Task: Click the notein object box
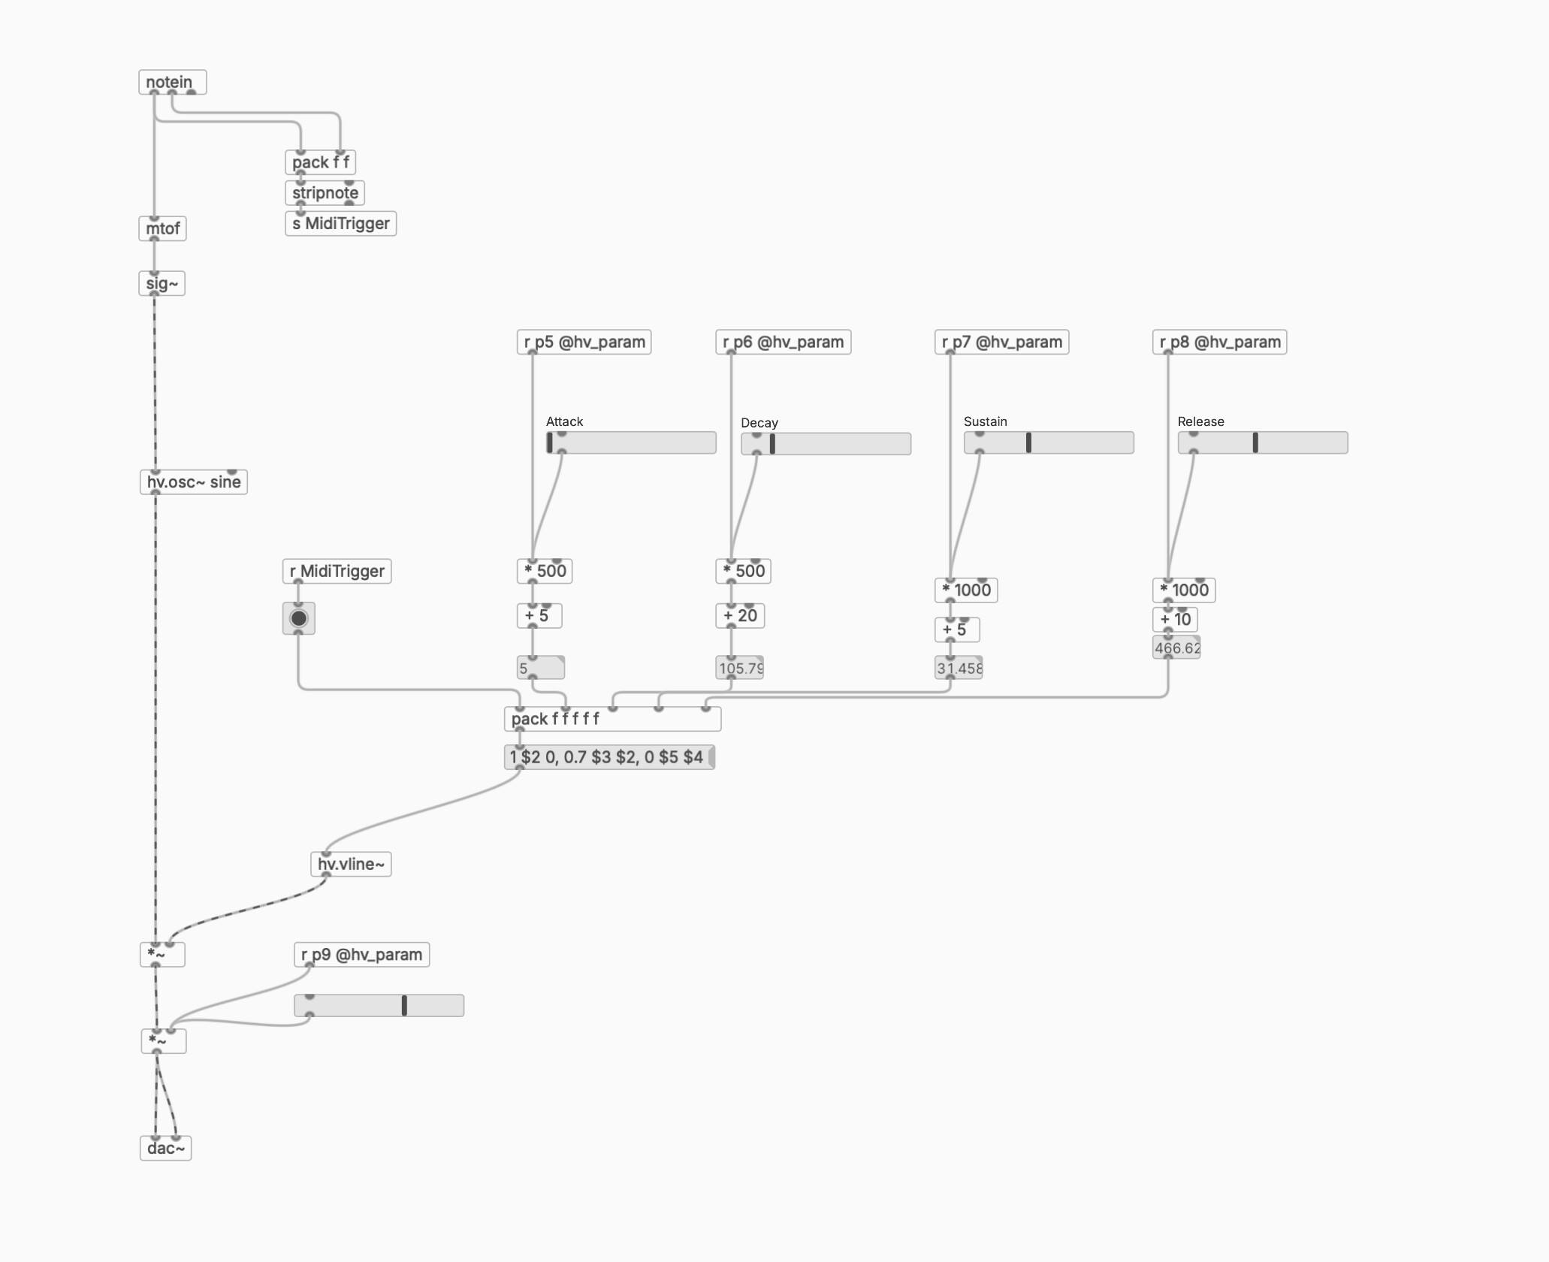click(172, 82)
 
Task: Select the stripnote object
click(325, 193)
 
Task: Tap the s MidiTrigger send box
click(340, 223)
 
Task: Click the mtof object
click(162, 228)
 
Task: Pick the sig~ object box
click(162, 283)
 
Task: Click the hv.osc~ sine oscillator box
click(193, 482)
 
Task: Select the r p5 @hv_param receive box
click(584, 342)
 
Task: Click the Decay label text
click(759, 423)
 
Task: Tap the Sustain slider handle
click(1028, 442)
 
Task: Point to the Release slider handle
click(1255, 442)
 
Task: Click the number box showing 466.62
click(1176, 648)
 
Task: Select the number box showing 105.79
click(740, 668)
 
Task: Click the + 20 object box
click(740, 615)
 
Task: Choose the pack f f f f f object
click(612, 719)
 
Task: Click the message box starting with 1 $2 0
click(609, 757)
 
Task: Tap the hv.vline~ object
click(351, 864)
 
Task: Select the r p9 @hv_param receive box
click(361, 955)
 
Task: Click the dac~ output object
click(165, 1148)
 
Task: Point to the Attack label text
click(564, 421)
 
